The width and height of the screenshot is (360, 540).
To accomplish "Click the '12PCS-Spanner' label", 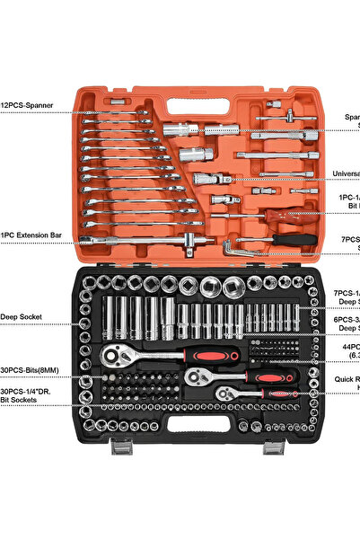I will click(27, 105).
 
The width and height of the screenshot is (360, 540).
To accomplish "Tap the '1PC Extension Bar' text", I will click(31, 235).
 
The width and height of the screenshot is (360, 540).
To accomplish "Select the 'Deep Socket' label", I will click(22, 316).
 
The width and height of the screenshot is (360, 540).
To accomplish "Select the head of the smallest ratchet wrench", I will click(222, 393).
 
